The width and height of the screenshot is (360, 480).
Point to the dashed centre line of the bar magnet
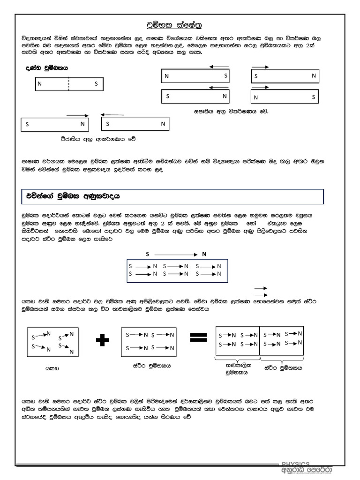pos(69,84)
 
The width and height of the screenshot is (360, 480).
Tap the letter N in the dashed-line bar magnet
pos(40,84)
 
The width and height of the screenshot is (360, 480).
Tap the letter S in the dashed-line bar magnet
pos(96,84)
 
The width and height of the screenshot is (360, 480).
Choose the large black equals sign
pos(198,338)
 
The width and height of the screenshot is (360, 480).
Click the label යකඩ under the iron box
pos(52,368)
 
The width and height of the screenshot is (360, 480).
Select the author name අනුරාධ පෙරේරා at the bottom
pos(306,471)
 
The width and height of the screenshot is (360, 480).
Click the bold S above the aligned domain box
pos(147,254)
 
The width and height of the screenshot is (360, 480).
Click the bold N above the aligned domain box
pos(204,254)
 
